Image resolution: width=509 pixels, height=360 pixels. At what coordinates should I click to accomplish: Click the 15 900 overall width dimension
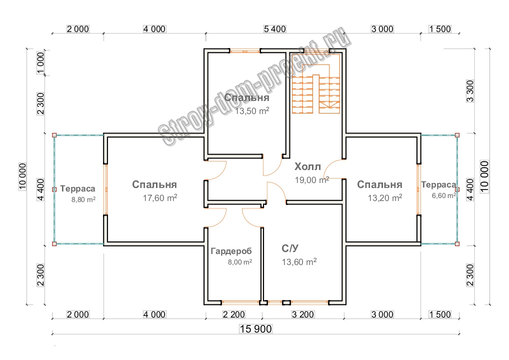[x=255, y=329]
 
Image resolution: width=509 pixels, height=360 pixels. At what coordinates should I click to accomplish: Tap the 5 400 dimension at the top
[x=274, y=29]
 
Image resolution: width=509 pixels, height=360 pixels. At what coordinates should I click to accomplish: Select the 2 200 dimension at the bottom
[x=232, y=314]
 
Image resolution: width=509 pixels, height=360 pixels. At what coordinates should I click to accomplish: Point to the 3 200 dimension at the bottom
[x=302, y=314]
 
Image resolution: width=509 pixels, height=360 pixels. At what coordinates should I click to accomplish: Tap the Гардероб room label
[x=231, y=251]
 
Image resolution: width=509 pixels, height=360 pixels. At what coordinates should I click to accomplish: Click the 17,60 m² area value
[x=160, y=198]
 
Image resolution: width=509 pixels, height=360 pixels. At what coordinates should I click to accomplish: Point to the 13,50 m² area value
[x=252, y=110]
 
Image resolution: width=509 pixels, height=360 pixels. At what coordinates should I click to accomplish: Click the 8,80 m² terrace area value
[x=83, y=199]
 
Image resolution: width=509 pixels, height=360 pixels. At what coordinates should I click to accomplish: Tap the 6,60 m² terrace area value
[x=444, y=195]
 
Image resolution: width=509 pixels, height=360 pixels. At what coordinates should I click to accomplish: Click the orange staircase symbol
[x=316, y=89]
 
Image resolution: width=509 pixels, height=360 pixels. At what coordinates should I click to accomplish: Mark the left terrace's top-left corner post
[x=54, y=134]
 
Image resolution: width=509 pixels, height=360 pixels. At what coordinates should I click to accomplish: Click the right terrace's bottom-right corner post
[x=457, y=243]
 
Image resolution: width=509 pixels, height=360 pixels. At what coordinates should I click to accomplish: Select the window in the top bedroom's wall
[x=244, y=50]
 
